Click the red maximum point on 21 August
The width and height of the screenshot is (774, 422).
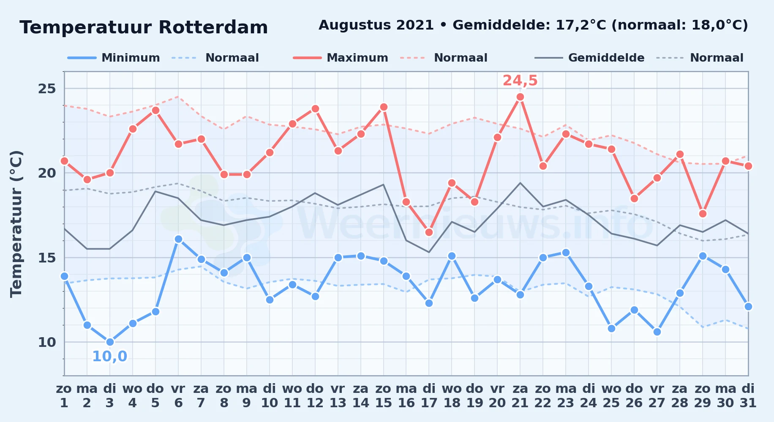point(520,97)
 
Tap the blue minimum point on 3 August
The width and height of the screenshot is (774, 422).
point(110,342)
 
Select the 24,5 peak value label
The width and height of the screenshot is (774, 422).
point(520,80)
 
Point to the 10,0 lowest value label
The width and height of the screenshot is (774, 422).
point(109,356)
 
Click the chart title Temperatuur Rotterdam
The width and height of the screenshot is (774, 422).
point(144,27)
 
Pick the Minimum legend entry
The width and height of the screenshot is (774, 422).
point(114,58)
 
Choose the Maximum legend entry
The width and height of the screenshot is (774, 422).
point(341,58)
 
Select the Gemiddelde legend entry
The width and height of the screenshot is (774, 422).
point(590,58)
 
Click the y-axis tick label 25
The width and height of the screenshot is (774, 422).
point(47,89)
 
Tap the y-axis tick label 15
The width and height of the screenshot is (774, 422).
point(47,257)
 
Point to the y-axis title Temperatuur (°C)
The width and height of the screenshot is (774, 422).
point(16,224)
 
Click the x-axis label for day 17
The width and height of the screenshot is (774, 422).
point(429,395)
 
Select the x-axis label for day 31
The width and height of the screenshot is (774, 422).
point(748,395)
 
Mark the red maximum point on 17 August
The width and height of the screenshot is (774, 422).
point(429,232)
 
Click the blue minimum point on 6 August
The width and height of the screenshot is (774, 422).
point(178,239)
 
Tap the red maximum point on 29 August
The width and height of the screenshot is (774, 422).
point(703,214)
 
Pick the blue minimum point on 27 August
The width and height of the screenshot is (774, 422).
point(657,332)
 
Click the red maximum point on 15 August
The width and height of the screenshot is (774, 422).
point(384,107)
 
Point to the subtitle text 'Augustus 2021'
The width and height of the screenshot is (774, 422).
point(376,25)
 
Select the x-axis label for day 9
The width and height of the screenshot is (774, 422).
point(247,395)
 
